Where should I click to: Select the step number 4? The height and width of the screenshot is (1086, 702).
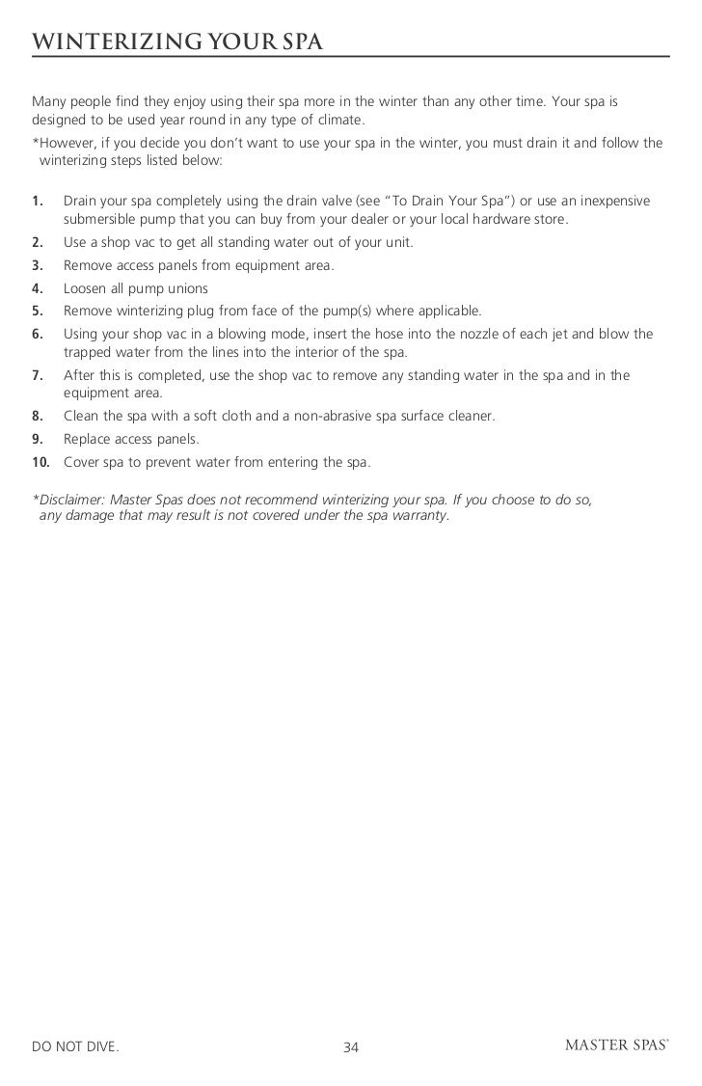click(38, 288)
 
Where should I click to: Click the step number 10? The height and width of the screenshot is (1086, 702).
click(41, 463)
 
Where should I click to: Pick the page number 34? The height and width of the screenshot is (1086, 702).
click(351, 1045)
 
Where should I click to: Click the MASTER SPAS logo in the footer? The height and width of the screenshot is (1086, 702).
click(614, 1045)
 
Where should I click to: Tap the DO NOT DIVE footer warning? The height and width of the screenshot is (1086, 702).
click(76, 1045)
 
